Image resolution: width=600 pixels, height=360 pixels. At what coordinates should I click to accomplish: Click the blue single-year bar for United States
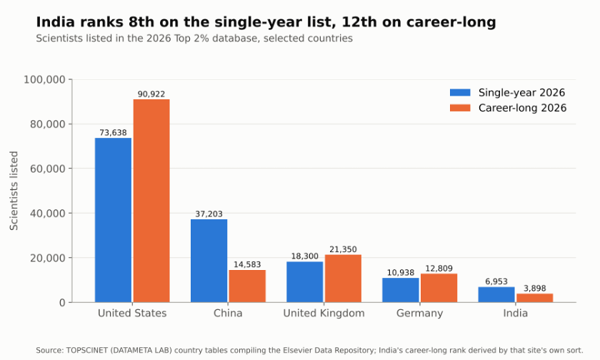tap(113, 220)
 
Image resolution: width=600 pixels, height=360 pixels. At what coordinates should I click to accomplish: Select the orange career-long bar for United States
tap(151, 201)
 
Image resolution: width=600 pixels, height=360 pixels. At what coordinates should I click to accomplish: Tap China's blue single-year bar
tap(209, 261)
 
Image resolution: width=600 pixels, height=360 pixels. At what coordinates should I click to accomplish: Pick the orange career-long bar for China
tap(247, 286)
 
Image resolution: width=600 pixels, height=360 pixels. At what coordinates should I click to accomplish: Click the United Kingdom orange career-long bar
tap(343, 279)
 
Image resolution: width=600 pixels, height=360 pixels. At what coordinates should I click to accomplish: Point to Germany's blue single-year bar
tap(401, 290)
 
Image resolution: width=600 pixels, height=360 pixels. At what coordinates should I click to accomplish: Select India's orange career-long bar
tap(534, 298)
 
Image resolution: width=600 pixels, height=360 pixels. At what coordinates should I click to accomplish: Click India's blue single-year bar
tap(496, 294)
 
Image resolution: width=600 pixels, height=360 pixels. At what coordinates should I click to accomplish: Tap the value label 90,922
tap(151, 94)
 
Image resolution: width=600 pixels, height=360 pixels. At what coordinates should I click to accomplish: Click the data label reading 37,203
tap(209, 214)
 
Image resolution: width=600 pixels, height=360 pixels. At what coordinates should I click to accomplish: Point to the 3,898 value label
tap(534, 288)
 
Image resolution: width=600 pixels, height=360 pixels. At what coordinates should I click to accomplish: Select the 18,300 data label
tap(304, 256)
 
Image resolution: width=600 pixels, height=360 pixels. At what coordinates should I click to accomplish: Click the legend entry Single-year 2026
tap(507, 93)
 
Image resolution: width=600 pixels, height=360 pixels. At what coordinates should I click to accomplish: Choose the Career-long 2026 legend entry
tap(508, 108)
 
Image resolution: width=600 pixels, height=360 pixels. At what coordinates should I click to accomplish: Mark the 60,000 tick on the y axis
tap(47, 169)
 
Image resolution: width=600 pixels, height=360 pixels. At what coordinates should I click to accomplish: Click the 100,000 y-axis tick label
tap(44, 79)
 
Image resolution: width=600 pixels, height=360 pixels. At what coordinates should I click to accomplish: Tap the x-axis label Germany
tap(420, 314)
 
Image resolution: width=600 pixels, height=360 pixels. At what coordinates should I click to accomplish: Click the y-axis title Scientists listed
tap(14, 191)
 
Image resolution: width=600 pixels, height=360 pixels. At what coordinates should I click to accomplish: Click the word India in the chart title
tap(55, 22)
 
